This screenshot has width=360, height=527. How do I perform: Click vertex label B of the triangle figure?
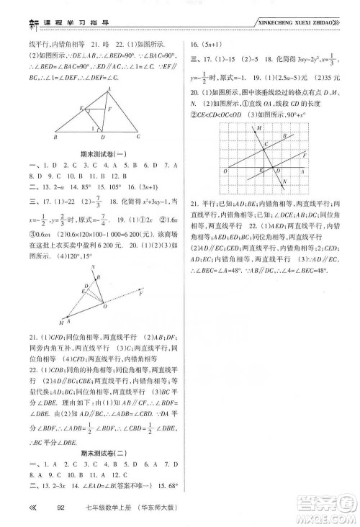click(x=56, y=135)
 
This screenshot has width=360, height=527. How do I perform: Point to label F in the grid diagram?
click(x=305, y=154)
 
